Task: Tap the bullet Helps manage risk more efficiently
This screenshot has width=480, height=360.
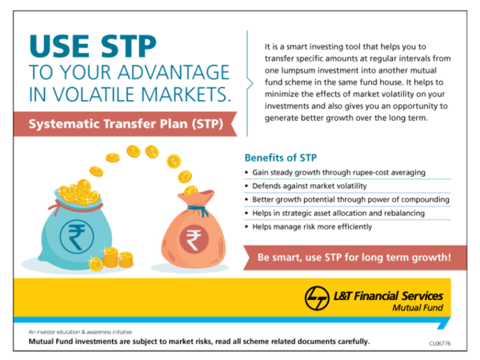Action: pos(312,226)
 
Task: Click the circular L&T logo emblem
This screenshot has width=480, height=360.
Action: pos(317,298)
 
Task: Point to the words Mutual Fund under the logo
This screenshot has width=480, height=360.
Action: pos(417,308)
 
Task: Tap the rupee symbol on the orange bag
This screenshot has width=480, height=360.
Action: pos(193,238)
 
